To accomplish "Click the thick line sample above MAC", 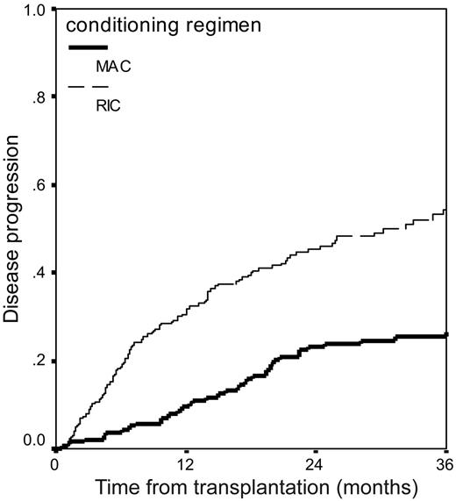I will (88, 47).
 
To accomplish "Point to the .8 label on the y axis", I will (39, 98).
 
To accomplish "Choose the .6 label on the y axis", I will (39, 186).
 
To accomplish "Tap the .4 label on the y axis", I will (39, 274).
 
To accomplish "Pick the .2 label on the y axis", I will (39, 361).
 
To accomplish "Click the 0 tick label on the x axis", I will (54, 464).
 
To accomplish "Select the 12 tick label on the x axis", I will (185, 464).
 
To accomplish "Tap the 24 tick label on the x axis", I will (316, 464).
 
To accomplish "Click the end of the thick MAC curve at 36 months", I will (446, 335).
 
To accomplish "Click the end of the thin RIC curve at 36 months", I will (446, 211).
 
